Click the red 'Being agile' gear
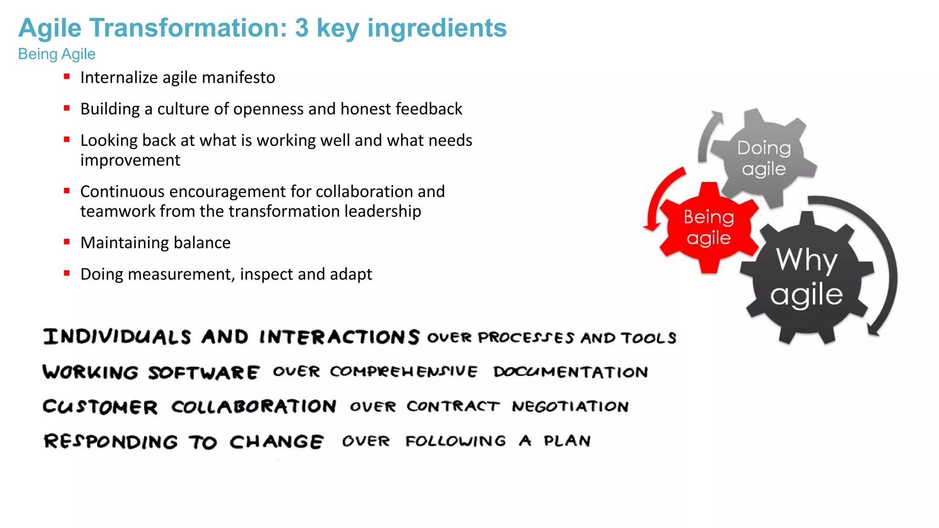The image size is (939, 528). (708, 228)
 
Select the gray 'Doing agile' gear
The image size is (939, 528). (763, 158)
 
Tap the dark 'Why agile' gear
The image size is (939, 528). (806, 277)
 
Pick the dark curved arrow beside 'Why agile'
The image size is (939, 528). (883, 257)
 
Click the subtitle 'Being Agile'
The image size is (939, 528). (57, 54)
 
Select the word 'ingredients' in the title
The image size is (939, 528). (437, 28)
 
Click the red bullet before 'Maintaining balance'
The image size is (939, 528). (67, 242)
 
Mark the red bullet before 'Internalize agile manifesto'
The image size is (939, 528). (67, 77)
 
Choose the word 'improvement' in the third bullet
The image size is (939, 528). (130, 160)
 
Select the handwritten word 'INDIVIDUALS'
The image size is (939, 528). (117, 337)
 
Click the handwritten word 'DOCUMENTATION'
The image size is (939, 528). (571, 372)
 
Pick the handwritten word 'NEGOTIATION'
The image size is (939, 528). (570, 406)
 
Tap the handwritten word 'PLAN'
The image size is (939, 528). (567, 441)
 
